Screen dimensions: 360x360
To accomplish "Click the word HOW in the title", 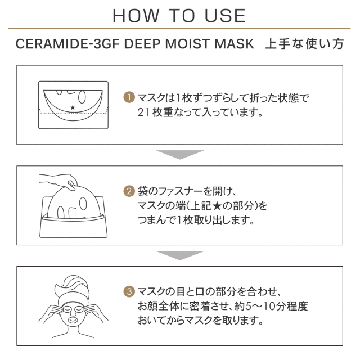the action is (136, 16).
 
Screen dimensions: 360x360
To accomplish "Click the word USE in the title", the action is (225, 16).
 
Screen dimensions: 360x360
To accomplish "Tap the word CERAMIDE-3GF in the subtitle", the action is (67, 44).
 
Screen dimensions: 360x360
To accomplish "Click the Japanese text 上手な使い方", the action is (304, 44).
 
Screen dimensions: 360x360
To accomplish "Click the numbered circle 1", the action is (129, 97).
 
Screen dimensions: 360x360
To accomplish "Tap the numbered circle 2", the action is (129, 191).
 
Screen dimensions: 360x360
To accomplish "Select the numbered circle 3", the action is (129, 291).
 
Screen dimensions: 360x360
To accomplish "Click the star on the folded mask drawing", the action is (73, 107).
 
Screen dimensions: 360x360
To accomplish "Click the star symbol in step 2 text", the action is (217, 206).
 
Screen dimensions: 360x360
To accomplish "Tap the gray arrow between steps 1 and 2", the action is (180, 155).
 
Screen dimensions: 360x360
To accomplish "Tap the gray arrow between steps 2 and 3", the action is (180, 255).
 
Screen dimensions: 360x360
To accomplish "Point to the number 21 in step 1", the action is (143, 112).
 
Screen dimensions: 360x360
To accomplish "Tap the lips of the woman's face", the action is (73, 319).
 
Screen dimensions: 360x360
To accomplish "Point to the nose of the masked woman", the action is (73, 312).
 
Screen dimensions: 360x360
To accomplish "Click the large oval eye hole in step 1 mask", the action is (82, 97).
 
